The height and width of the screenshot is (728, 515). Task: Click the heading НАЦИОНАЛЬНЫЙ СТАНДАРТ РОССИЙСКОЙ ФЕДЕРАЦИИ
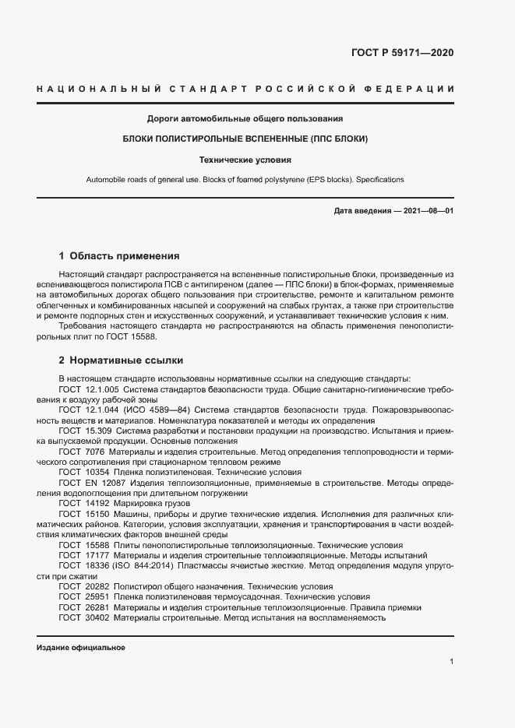tap(245, 90)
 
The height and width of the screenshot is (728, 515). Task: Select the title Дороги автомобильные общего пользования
tap(245, 119)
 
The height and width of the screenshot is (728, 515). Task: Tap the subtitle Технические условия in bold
tap(245, 160)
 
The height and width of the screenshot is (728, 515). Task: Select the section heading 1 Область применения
tap(119, 255)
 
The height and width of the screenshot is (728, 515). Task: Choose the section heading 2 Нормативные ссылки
tap(121, 360)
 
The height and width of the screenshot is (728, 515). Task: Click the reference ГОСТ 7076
tap(80, 452)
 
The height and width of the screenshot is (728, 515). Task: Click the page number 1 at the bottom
tap(452, 661)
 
